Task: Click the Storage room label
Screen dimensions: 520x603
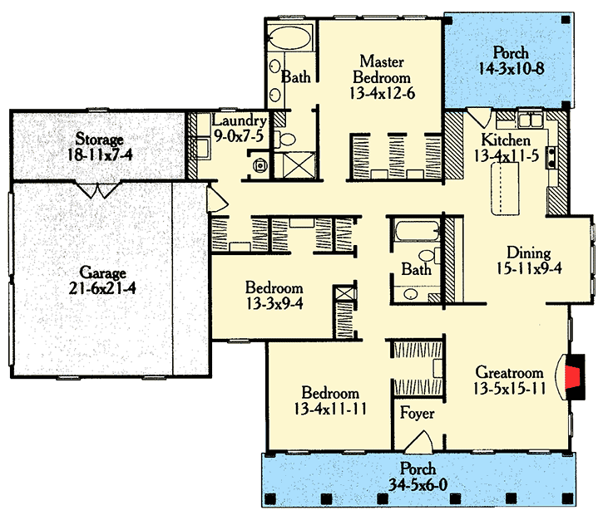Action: [100, 139]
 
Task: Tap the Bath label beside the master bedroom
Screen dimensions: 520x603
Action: [295, 78]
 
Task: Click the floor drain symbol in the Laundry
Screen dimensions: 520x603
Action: [261, 165]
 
